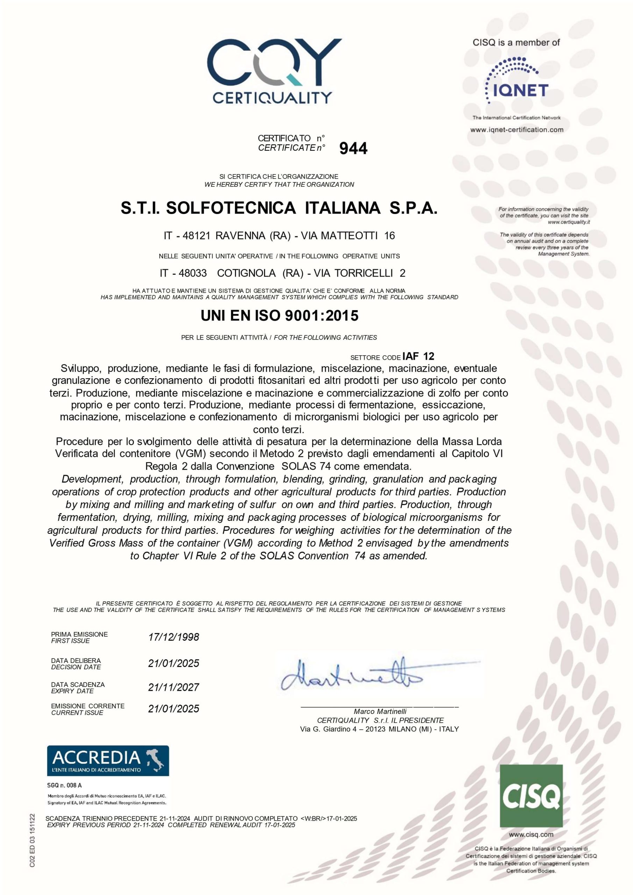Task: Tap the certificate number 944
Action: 353,149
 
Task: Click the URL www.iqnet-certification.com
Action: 517,130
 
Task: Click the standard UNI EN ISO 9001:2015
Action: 279,316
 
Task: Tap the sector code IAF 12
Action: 418,356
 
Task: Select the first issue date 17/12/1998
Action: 173,637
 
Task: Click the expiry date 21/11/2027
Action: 173,687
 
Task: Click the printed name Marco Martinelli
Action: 380,711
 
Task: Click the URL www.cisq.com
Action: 531,835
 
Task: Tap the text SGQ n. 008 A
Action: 65,786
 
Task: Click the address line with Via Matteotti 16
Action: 279,235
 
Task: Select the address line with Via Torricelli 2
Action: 282,273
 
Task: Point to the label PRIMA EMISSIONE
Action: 79,634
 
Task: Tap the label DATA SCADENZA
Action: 78,685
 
